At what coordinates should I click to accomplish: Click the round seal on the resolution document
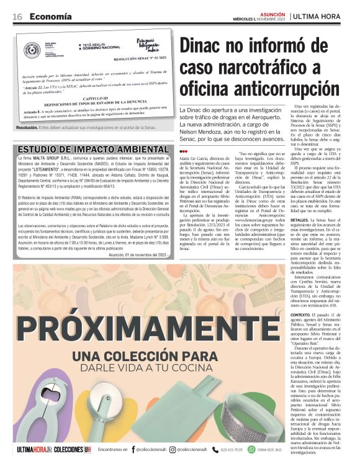point(32,51)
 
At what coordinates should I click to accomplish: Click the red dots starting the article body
point(183,151)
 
